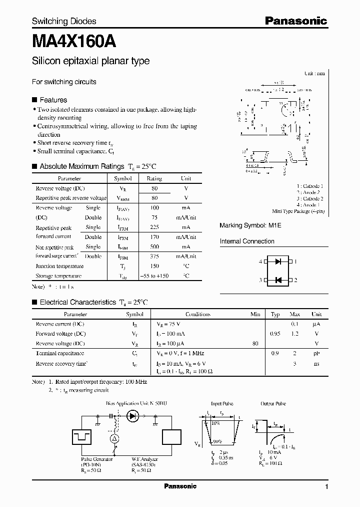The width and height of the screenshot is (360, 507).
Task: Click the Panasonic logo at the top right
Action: point(295,21)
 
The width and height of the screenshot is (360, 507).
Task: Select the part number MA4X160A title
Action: point(74,42)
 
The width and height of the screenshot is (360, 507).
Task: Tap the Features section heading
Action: point(53,100)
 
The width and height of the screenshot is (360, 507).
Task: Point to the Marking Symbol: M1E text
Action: point(250,226)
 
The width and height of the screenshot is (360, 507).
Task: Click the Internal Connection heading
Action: point(247,241)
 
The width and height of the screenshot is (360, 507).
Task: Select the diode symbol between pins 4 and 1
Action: point(278,262)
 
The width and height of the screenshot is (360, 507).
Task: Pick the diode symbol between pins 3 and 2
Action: point(278,280)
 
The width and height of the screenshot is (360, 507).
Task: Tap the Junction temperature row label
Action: point(59,267)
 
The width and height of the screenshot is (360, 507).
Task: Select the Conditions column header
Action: point(197,315)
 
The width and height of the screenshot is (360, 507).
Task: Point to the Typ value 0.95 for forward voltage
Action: point(275,334)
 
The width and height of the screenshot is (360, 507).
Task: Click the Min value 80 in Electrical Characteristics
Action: point(256,344)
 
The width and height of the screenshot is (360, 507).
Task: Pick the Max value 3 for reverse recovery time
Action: point(295,363)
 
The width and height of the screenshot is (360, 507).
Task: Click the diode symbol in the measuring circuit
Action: point(133,415)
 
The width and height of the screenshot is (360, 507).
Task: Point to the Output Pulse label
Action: point(273,403)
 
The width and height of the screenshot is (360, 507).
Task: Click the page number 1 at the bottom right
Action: point(326,486)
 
